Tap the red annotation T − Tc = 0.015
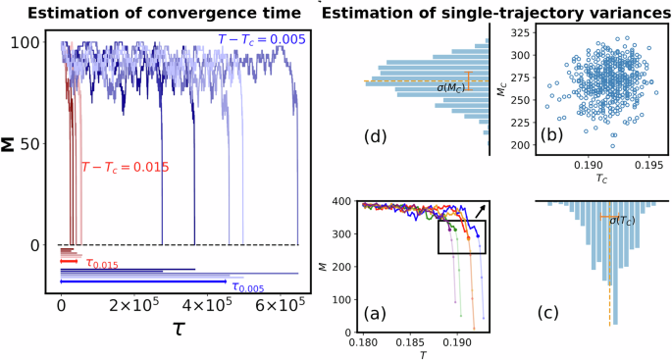click(126, 168)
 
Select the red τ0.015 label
click(101, 264)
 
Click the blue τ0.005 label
click(251, 286)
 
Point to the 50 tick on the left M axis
click(29, 144)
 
